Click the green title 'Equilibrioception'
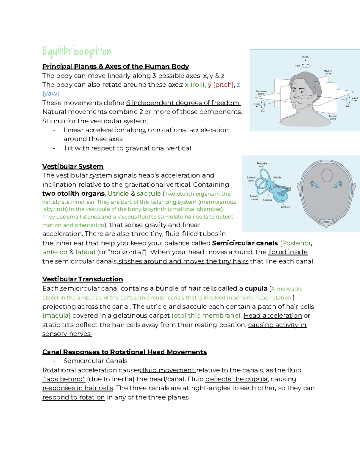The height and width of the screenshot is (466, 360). pyautogui.click(x=77, y=52)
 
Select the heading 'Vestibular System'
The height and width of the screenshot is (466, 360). pyautogui.click(x=73, y=167)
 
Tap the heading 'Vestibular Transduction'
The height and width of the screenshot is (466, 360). pyautogui.click(x=82, y=279)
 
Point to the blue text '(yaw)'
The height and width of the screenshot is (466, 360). pyautogui.click(x=51, y=94)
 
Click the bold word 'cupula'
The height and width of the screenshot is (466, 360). pyautogui.click(x=256, y=289)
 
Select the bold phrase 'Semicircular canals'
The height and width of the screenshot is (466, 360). pyautogui.click(x=245, y=243)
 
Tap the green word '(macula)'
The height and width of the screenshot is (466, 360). pyautogui.click(x=56, y=316)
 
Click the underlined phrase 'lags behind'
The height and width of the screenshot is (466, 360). pyautogui.click(x=64, y=379)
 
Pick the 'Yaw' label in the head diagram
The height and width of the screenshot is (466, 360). pyautogui.click(x=297, y=65)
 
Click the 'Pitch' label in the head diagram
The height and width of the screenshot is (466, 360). pyautogui.click(x=348, y=106)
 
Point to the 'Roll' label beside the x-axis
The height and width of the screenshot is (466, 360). pyautogui.click(x=263, y=111)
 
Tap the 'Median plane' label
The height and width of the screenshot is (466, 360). pyautogui.click(x=328, y=72)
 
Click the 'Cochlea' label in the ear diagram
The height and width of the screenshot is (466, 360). pyautogui.click(x=285, y=207)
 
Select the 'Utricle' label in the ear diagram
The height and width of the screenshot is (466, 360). pyautogui.click(x=277, y=177)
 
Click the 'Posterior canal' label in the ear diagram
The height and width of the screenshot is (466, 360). pyautogui.click(x=262, y=165)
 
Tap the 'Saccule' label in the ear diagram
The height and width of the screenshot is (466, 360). pyautogui.click(x=267, y=200)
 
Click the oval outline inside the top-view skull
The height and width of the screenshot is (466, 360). pyautogui.click(x=327, y=175)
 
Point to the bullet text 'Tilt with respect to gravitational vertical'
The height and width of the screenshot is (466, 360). pyautogui.click(x=127, y=148)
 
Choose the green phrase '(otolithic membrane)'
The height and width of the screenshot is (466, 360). pyautogui.click(x=207, y=316)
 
